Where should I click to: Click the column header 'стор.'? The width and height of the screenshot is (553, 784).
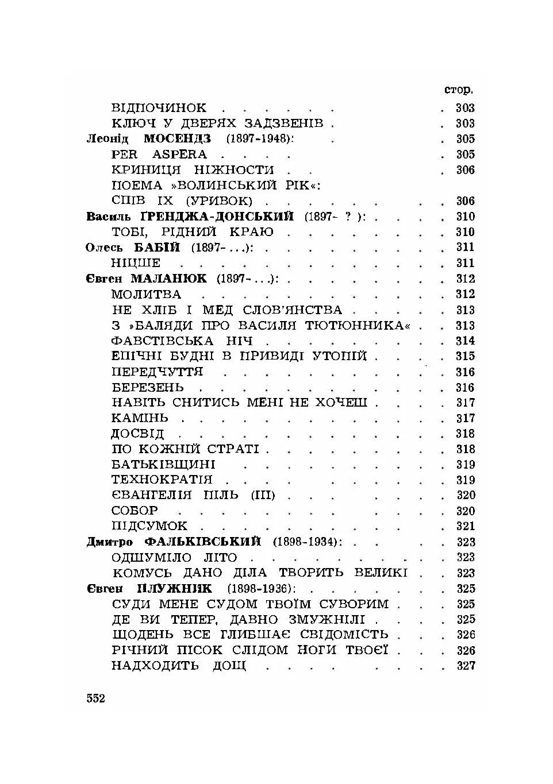[x=459, y=91]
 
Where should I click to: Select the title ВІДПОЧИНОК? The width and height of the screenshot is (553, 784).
[x=159, y=108]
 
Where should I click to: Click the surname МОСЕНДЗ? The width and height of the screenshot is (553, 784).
[x=177, y=139]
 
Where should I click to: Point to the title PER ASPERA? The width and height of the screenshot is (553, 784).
[x=159, y=155]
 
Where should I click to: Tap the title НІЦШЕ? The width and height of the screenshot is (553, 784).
[x=136, y=263]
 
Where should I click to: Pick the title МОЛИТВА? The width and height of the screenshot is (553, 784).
[x=146, y=294]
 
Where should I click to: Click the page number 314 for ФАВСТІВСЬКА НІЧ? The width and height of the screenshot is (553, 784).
[x=465, y=341]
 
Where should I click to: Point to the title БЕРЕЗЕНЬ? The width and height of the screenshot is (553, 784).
[x=148, y=387]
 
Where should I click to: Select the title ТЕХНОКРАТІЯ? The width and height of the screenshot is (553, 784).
[x=162, y=480]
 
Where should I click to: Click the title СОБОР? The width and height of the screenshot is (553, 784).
[x=135, y=511]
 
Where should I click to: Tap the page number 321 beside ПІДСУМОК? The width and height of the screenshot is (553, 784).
[x=465, y=526]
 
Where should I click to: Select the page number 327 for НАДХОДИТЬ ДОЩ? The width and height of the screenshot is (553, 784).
[x=466, y=666]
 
